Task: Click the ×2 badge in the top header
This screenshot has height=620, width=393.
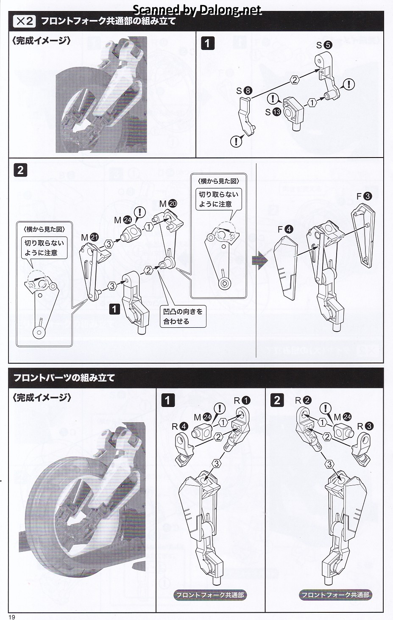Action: [24, 21]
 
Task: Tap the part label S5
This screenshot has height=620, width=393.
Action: [324, 45]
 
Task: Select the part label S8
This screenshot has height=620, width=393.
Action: [244, 91]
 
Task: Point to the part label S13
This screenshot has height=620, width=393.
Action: [273, 112]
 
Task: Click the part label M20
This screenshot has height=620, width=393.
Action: [168, 204]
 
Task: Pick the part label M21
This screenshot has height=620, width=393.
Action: [90, 237]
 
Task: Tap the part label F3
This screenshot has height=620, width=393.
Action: [364, 196]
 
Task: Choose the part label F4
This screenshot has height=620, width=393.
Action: [285, 229]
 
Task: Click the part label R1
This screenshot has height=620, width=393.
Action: [242, 400]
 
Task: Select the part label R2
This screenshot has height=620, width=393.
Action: [303, 400]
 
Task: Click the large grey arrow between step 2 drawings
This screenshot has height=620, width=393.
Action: [260, 260]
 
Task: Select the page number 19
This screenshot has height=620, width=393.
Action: [12, 616]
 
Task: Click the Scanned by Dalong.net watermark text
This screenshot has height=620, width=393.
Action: [197, 10]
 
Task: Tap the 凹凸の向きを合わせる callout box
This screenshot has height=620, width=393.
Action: [183, 316]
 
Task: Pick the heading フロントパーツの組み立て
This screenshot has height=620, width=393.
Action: [64, 378]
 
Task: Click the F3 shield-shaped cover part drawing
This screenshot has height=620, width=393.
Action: [363, 235]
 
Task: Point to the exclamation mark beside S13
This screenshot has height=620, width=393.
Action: [273, 98]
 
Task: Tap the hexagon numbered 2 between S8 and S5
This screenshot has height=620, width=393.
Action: [295, 80]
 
